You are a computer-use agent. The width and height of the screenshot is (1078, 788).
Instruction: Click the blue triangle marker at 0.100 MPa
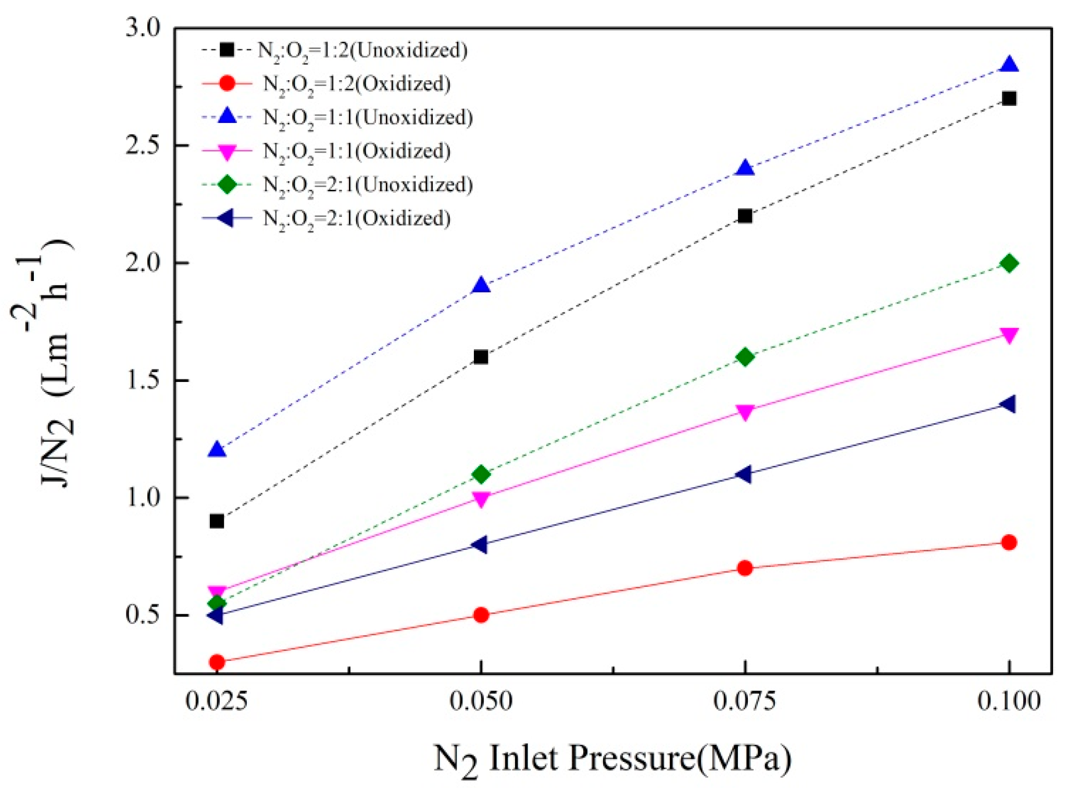1009,65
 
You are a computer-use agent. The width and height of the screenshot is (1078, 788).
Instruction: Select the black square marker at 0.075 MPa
745,216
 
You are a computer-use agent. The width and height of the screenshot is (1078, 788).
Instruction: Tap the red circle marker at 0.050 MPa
481,615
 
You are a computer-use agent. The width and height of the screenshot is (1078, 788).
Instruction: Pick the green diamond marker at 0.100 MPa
1009,263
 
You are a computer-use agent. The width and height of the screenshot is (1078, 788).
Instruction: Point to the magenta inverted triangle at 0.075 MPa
745,412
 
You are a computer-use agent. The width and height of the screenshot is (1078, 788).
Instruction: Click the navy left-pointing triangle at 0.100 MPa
1008,404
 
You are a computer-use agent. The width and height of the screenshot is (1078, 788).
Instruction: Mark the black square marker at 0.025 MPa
217,521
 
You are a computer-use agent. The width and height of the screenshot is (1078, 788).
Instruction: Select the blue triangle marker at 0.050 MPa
481,286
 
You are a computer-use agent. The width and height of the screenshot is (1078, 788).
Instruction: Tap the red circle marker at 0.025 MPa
217,662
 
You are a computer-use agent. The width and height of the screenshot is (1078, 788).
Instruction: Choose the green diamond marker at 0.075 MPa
745,357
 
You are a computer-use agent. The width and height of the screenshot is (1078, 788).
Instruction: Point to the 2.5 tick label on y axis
143,145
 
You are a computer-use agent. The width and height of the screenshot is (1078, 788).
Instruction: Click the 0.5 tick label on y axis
143,615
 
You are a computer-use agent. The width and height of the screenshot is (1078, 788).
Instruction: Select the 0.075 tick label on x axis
745,701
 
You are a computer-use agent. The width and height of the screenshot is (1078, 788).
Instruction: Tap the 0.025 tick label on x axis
217,701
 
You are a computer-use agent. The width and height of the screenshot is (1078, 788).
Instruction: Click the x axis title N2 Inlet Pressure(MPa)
612,758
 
